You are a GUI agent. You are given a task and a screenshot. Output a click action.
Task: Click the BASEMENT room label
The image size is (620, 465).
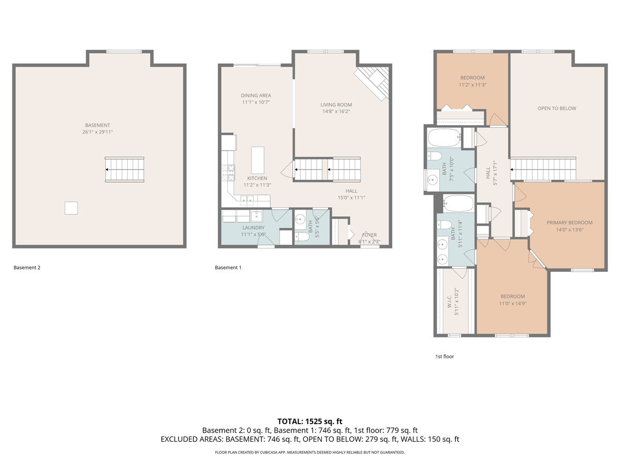[98, 125]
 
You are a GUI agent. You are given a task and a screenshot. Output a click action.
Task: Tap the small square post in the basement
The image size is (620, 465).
[71, 208]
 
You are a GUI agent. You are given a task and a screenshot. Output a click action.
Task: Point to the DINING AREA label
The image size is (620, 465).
[256, 96]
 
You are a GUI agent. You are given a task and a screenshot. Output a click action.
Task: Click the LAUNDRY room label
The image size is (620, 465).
[253, 227]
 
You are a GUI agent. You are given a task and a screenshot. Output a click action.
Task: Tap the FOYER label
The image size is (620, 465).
[369, 235]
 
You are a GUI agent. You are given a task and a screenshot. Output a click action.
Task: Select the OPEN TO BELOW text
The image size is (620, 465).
[556, 109]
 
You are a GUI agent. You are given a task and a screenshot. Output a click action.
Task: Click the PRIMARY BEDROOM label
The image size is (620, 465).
[569, 223]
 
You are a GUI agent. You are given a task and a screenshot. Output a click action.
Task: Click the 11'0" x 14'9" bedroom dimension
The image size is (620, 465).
[513, 304]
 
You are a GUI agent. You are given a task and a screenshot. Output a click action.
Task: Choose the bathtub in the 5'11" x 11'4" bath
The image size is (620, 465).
[458, 204]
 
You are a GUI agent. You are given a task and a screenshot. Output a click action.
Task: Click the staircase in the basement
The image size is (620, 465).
[125, 169]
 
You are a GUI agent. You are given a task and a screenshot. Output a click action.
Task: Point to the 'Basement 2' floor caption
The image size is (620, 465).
[27, 268]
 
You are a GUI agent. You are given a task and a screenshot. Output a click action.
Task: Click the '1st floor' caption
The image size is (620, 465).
[444, 357]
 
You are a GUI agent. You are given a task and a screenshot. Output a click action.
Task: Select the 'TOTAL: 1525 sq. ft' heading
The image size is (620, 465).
[309, 421]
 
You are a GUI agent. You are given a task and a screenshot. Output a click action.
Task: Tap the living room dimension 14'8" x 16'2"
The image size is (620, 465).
[336, 111]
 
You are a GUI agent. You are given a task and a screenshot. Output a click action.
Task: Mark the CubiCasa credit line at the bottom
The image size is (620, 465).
[309, 452]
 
